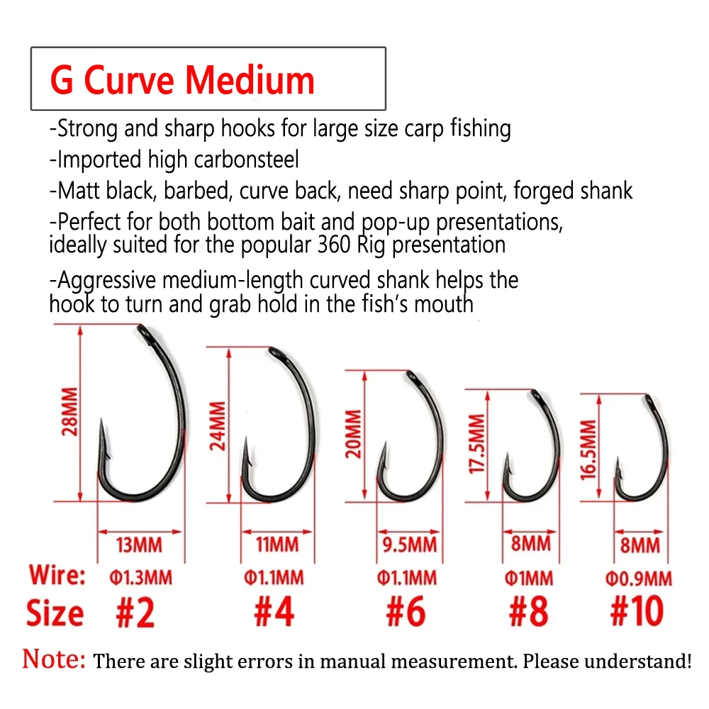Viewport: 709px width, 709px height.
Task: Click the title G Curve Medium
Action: [182, 79]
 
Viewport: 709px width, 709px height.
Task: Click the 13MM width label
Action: [139, 545]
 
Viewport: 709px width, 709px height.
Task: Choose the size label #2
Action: [135, 611]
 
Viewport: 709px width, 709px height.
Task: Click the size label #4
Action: [274, 611]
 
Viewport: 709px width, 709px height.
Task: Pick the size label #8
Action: [528, 611]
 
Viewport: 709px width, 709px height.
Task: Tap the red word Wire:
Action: [57, 575]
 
